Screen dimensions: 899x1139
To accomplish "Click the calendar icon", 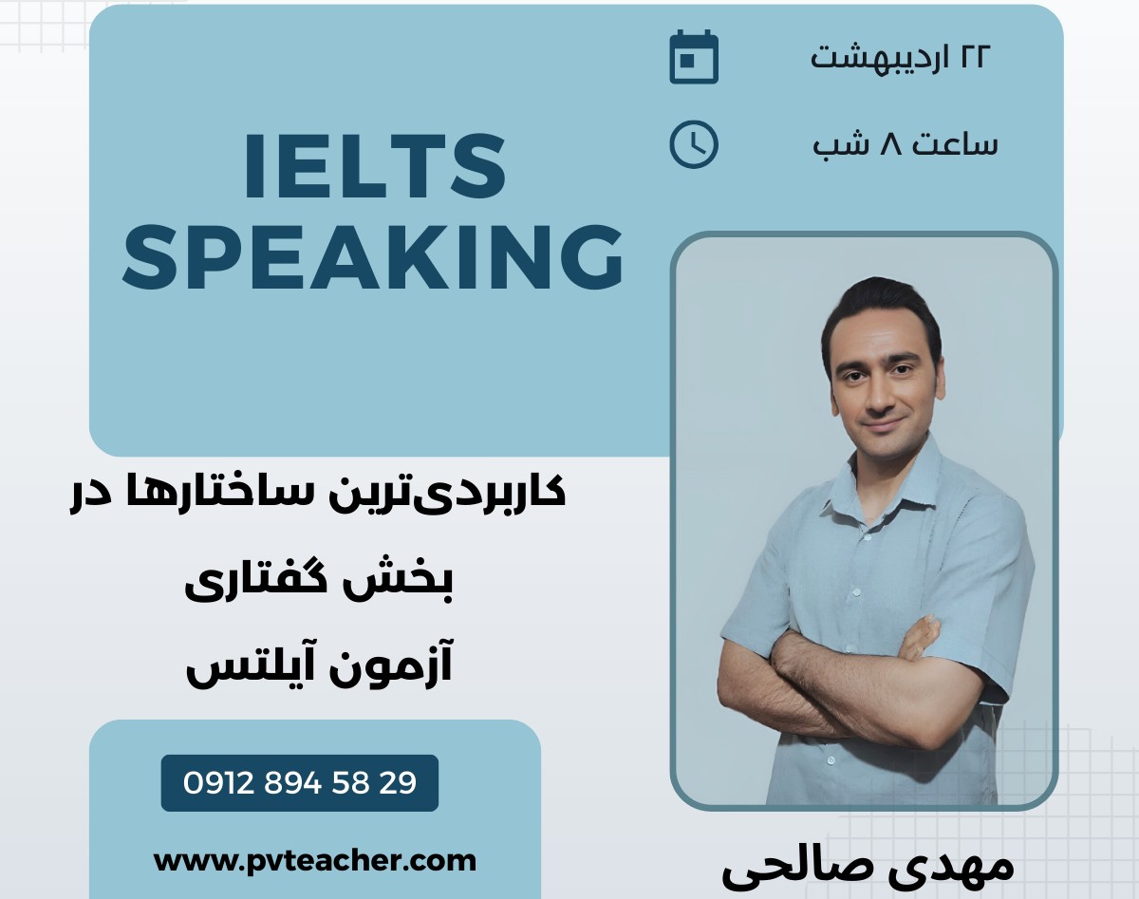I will tap(694, 57).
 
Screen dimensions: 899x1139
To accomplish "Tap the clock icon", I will tap(694, 145).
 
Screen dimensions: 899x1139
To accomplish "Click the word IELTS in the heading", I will tap(375, 168).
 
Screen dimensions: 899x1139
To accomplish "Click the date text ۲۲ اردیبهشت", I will tap(900, 56).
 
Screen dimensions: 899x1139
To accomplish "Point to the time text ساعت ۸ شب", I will tap(905, 144).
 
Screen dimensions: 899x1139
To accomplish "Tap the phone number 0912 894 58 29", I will tap(300, 783).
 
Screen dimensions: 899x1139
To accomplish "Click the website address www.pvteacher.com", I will tap(314, 860).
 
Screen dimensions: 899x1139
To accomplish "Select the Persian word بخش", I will tap(414, 580).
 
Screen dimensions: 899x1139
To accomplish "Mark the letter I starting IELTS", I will tap(254, 168).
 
